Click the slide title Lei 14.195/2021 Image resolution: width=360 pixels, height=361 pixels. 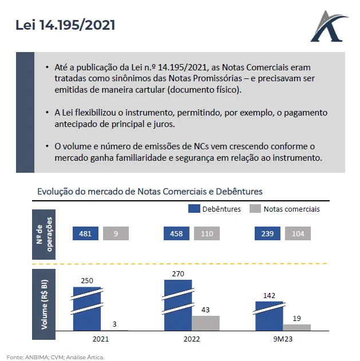(x=65, y=25)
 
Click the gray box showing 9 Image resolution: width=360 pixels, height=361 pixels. (x=116, y=233)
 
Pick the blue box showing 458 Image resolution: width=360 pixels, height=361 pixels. (x=176, y=233)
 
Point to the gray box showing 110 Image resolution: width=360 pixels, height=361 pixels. (x=207, y=233)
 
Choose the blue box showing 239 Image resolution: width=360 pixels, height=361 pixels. (x=267, y=233)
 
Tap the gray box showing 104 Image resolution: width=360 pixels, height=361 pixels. (x=297, y=233)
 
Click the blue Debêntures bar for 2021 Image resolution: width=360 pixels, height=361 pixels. (x=86, y=309)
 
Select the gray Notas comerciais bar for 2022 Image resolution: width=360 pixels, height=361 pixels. (x=206, y=323)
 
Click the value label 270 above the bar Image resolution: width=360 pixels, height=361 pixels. (x=177, y=274)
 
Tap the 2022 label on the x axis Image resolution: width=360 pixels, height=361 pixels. (x=192, y=339)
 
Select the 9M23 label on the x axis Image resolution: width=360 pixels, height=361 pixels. (x=283, y=339)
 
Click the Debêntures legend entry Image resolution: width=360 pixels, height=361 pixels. (x=215, y=209)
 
